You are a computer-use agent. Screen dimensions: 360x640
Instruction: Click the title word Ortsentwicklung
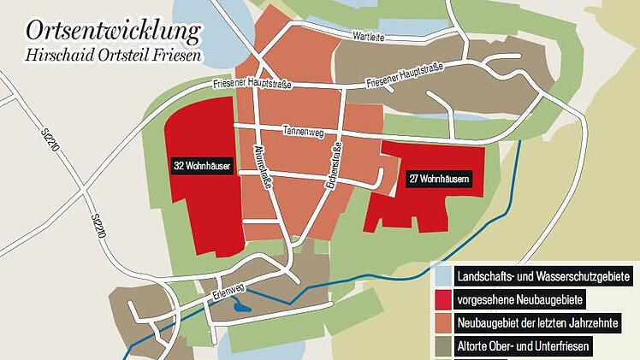[x=112, y=32]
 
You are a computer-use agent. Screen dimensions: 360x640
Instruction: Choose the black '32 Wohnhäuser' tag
[x=202, y=166]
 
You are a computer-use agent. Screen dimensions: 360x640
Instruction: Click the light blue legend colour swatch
[x=442, y=276]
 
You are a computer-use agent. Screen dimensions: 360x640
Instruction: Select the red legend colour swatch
[x=442, y=300]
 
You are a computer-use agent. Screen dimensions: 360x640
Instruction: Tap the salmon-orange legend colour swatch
[x=442, y=324]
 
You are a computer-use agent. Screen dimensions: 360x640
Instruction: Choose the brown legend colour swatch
[x=442, y=348]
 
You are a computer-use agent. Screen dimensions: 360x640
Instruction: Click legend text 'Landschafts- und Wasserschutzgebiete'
[x=543, y=276]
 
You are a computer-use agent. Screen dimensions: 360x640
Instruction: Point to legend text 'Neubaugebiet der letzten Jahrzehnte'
[x=537, y=324]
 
